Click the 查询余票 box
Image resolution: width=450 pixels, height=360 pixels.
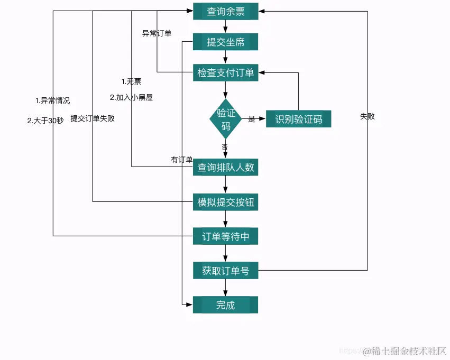(225, 11)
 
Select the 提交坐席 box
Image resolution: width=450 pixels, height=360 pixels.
(225, 42)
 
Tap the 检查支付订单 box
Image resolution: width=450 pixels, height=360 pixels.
(225, 73)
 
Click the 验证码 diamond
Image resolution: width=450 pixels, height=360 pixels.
(226, 119)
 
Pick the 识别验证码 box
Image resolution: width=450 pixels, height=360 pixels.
(298, 119)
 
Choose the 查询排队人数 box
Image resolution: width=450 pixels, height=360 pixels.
(225, 168)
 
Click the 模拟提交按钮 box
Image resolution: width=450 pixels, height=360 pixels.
(225, 202)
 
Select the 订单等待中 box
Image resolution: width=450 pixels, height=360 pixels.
(225, 236)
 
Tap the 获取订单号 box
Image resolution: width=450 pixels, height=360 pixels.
(225, 271)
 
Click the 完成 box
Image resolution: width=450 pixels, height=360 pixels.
(225, 305)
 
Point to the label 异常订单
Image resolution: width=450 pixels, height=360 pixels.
(157, 33)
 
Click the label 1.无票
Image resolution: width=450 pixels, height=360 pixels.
(131, 81)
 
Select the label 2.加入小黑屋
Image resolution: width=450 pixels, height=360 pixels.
(131, 97)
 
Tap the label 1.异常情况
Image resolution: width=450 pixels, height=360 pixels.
(52, 100)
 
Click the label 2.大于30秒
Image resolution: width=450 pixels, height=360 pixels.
(45, 120)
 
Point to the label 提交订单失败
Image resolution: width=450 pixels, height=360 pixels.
(93, 118)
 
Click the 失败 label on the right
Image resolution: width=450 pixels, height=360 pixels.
(367, 116)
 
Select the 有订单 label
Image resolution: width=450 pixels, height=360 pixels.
(181, 160)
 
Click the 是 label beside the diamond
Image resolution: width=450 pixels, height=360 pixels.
(252, 119)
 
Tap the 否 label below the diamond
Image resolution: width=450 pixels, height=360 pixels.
(225, 146)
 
